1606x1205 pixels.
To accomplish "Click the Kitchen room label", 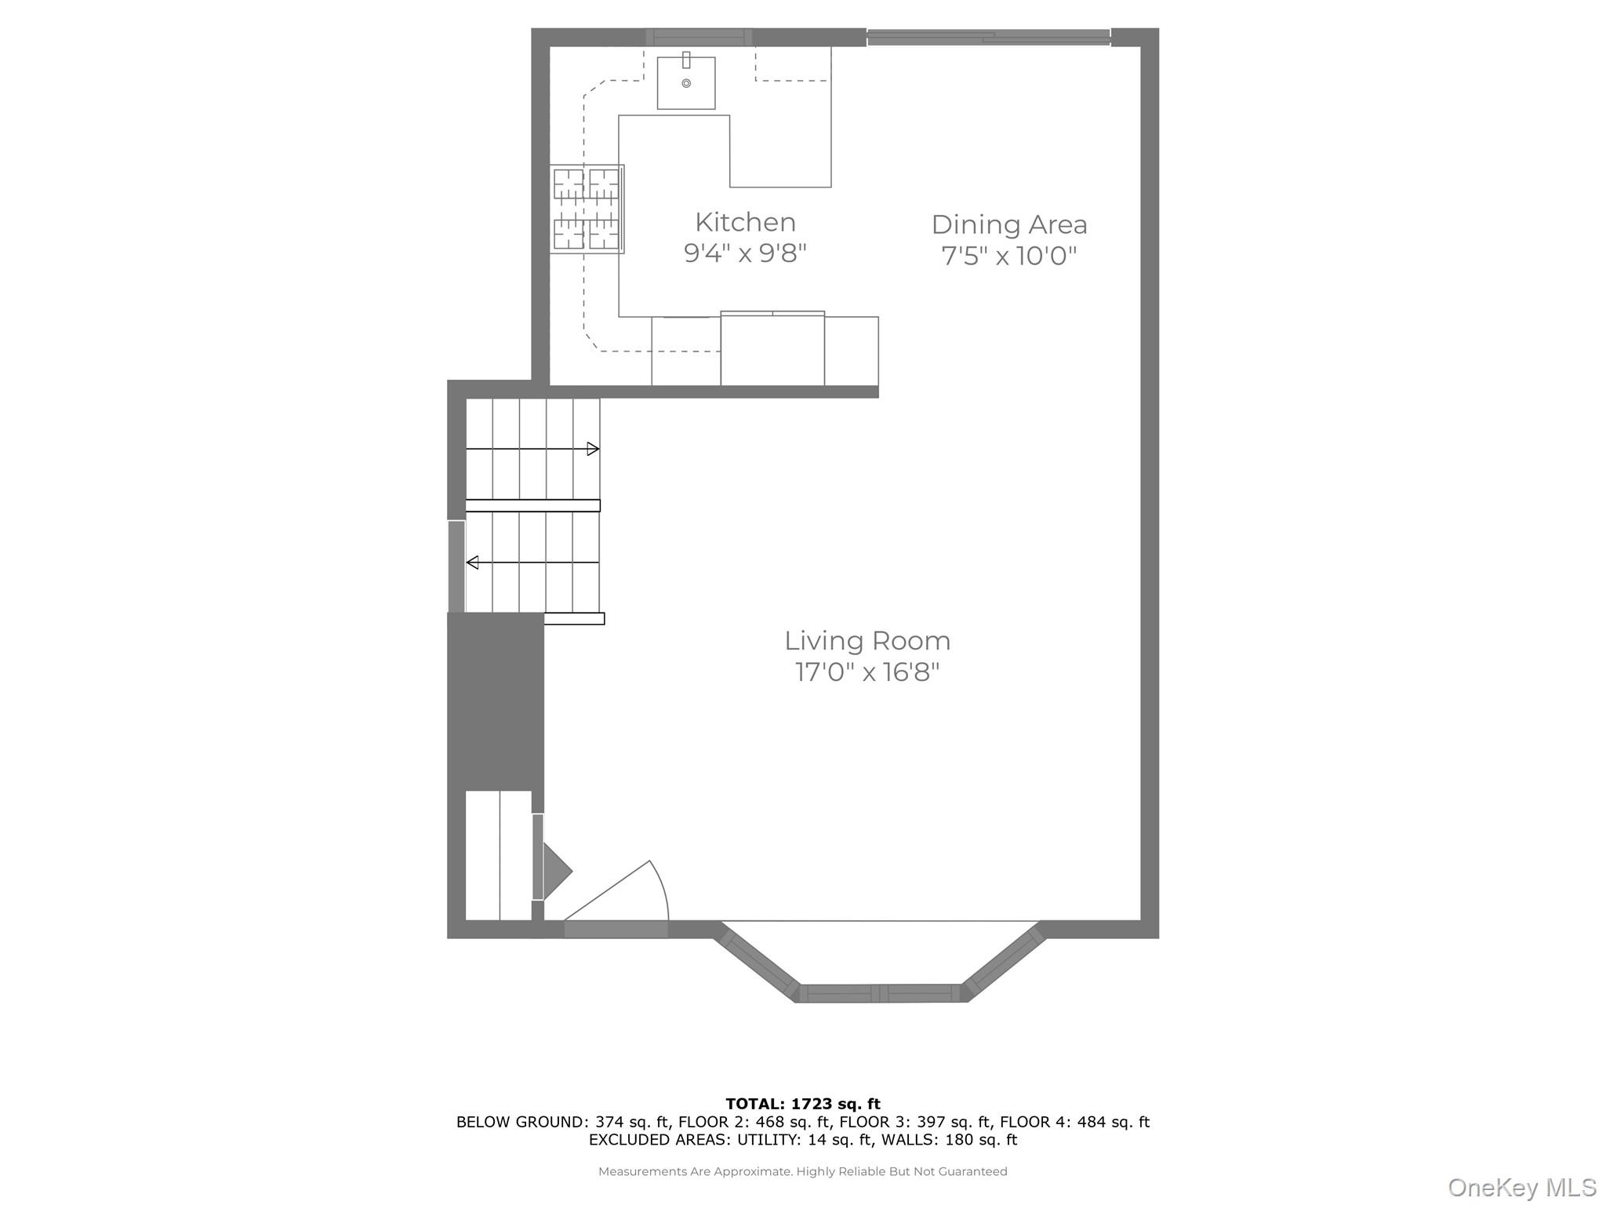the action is click(745, 222).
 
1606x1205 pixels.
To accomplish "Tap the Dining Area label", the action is click(1009, 224).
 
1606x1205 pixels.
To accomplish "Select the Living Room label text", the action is click(867, 641).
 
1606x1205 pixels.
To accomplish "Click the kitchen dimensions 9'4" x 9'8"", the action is click(745, 253).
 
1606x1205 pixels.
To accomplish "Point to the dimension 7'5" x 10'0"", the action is click(1009, 256).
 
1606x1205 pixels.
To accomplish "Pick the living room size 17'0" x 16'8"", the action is click(867, 672).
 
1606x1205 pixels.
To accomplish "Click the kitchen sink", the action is click(686, 82).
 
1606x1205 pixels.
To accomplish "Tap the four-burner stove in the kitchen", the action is click(587, 209).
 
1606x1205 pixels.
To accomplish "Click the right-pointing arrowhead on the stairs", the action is click(594, 449).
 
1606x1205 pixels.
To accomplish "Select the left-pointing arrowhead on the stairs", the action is click(472, 562).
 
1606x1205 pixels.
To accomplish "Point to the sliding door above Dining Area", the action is click(989, 36).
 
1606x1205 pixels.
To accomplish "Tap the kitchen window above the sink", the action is click(699, 37).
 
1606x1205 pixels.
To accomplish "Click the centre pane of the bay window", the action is click(880, 993).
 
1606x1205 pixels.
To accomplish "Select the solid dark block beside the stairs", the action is click(496, 701).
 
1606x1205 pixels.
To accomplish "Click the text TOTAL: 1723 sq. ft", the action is click(803, 1104).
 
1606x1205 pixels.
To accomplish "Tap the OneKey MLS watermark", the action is click(1522, 1188).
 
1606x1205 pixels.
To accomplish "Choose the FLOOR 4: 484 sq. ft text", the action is click(1074, 1122).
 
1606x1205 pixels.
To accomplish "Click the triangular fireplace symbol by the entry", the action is click(557, 871).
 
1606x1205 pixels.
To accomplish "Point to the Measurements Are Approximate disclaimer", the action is click(803, 1171).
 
